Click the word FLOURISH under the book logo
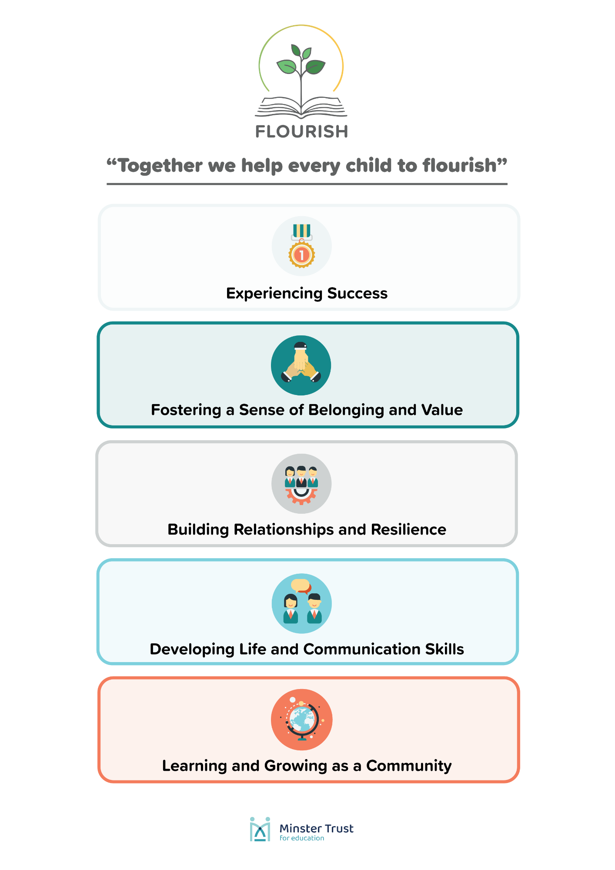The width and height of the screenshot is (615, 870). point(301,131)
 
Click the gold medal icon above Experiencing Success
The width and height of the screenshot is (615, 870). point(301,246)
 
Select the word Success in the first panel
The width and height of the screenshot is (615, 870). point(357,294)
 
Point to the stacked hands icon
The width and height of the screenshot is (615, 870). point(301,362)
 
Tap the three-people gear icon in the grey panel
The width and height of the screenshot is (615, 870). point(301,484)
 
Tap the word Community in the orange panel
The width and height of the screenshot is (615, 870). point(409,766)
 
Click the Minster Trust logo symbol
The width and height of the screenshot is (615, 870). point(260,829)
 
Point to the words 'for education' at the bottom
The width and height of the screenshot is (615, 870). point(302,838)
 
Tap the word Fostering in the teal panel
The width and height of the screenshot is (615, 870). point(186,410)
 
